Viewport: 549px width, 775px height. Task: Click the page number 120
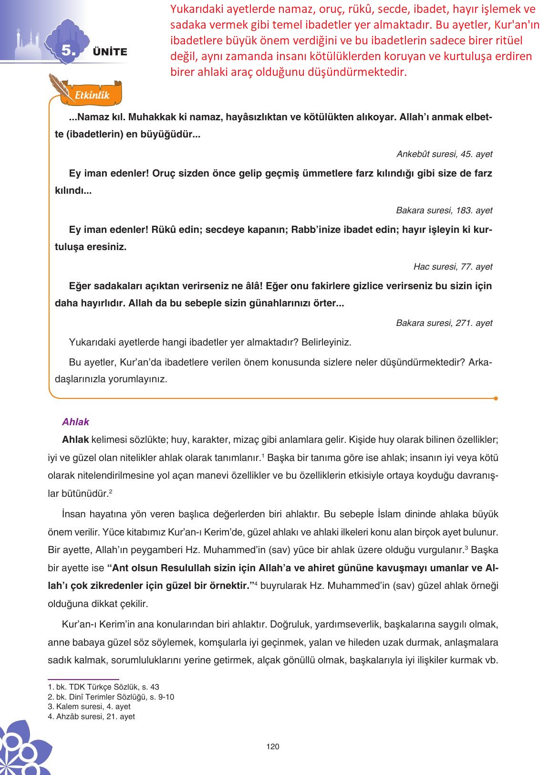click(x=273, y=747)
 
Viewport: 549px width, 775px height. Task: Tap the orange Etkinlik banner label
click(x=92, y=95)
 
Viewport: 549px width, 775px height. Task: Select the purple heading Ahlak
click(x=75, y=422)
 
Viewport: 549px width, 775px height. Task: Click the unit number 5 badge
click(x=68, y=51)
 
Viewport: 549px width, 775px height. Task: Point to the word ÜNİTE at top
click(x=110, y=52)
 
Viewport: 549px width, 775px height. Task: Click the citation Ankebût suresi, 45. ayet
click(x=444, y=154)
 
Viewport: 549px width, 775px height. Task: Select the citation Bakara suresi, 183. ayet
click(x=444, y=210)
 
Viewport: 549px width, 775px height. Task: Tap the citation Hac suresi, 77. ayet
click(x=453, y=267)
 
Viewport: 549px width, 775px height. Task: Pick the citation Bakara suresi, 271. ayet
click(x=444, y=323)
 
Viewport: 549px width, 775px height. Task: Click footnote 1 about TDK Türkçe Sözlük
click(x=104, y=687)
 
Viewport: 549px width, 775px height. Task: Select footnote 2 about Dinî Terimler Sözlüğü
click(x=111, y=697)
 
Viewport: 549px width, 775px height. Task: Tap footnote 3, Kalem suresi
click(x=89, y=707)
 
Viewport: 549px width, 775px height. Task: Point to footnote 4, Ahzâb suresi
click(x=91, y=717)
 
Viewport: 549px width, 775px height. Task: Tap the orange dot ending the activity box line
click(x=496, y=398)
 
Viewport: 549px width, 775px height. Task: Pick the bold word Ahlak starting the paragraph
click(x=75, y=440)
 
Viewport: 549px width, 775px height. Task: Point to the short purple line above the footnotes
click(x=83, y=679)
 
